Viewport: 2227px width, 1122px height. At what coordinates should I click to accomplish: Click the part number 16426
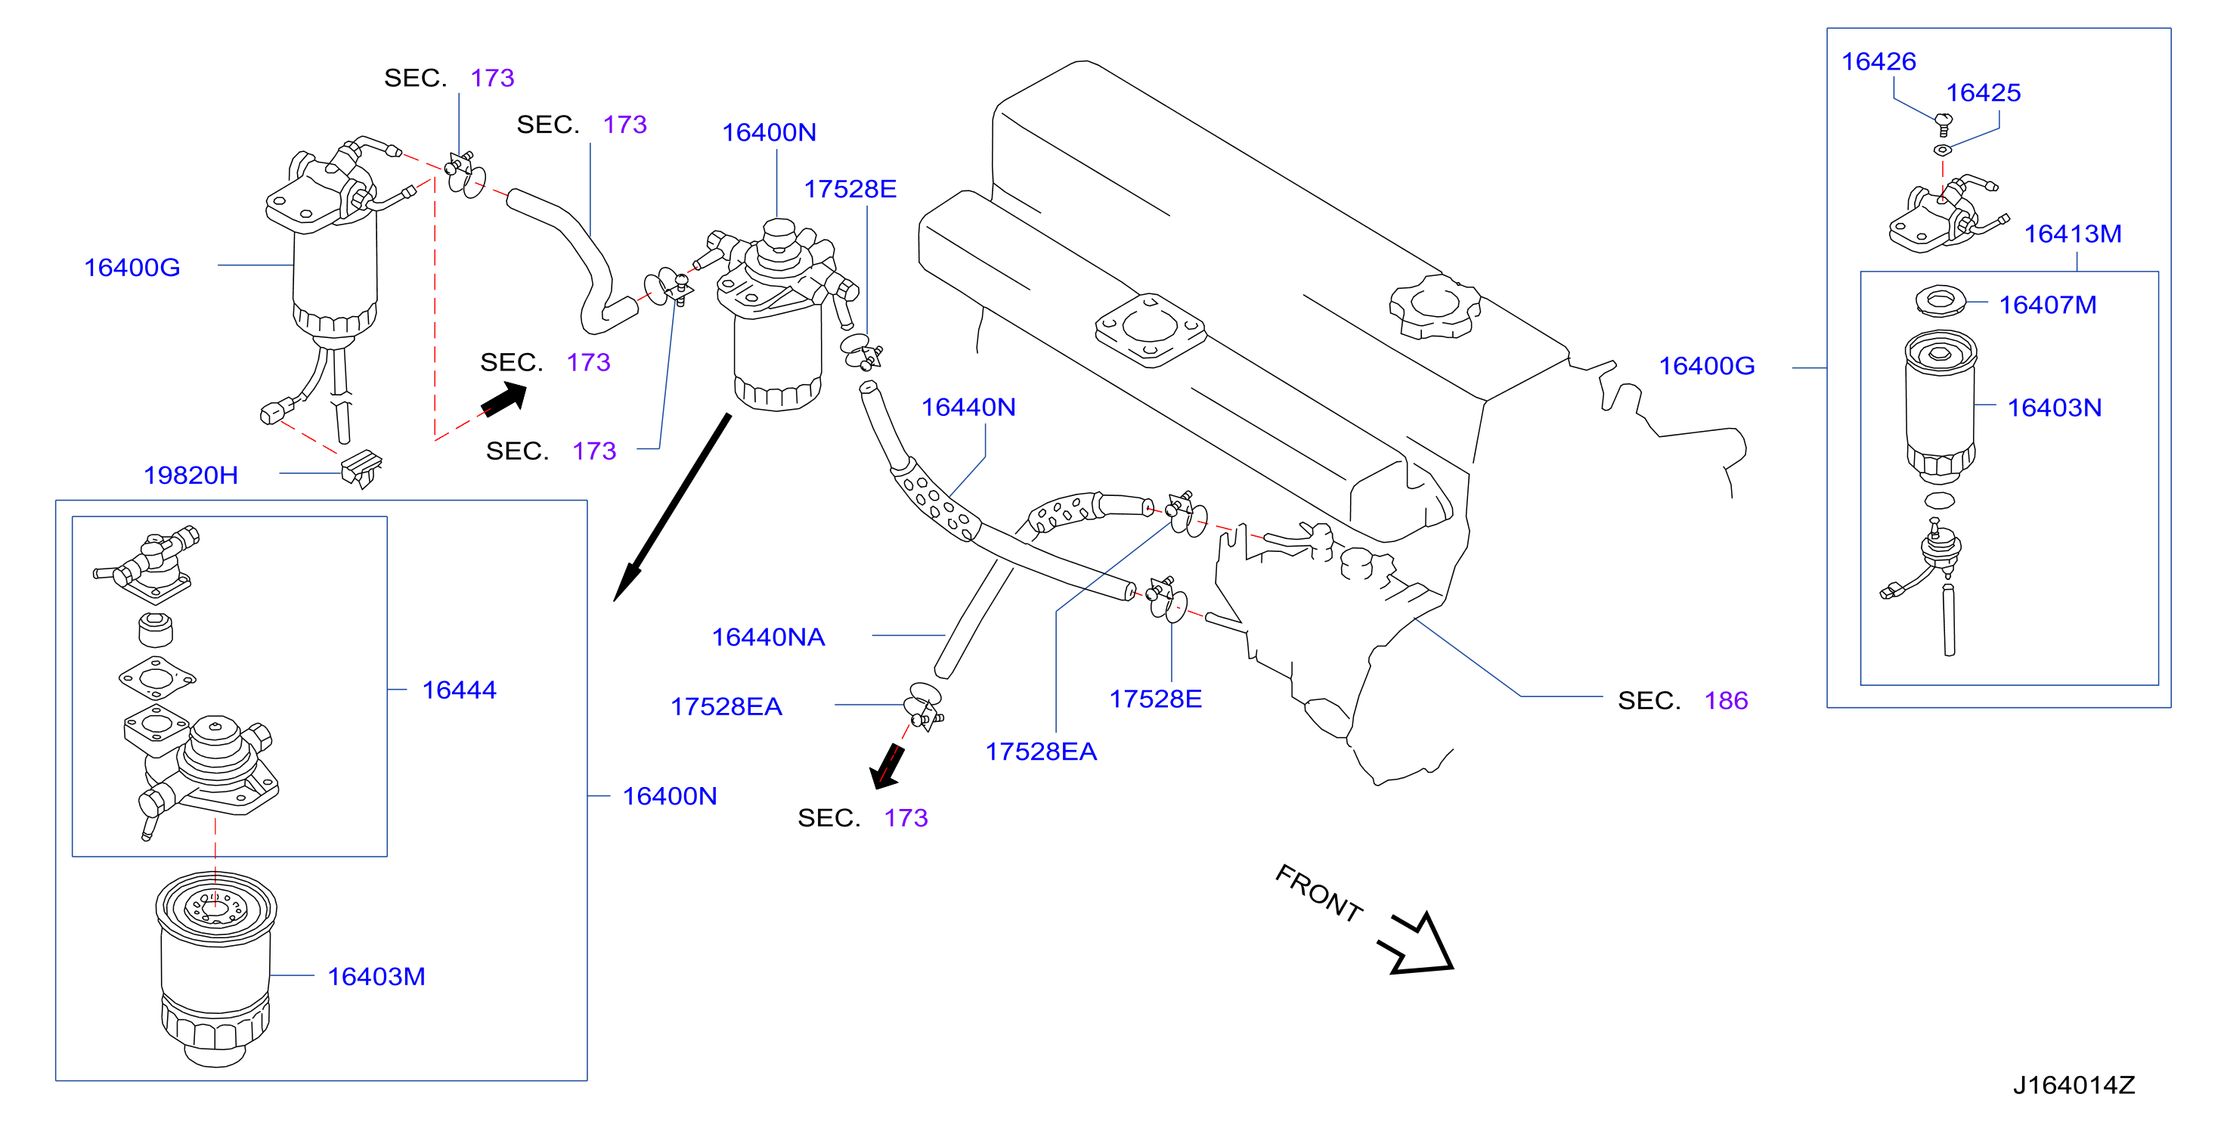(1878, 61)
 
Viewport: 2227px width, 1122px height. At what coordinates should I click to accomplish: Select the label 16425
(1983, 92)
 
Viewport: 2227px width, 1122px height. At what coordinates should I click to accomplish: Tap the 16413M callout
(2072, 234)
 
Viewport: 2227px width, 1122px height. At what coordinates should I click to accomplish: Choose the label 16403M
(376, 976)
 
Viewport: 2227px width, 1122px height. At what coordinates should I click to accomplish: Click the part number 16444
(459, 690)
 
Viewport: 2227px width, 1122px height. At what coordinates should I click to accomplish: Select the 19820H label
(190, 475)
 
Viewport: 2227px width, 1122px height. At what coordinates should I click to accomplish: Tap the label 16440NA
(768, 637)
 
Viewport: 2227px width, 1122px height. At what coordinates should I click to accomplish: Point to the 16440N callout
(968, 407)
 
